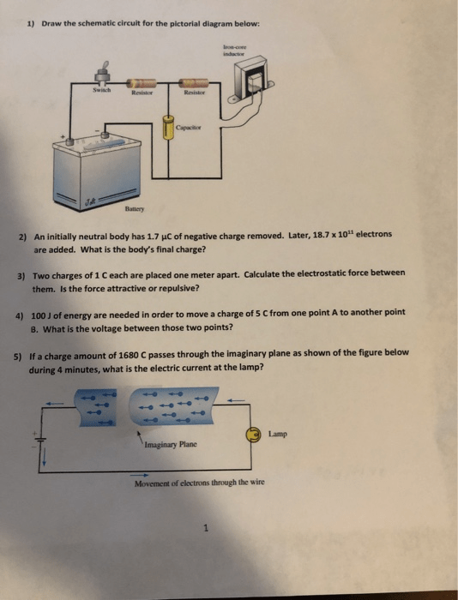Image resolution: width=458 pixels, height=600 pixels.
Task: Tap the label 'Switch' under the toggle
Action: pyautogui.click(x=102, y=90)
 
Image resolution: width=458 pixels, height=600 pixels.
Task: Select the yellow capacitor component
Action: pyautogui.click(x=167, y=128)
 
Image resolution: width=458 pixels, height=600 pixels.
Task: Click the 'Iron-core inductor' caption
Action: pyautogui.click(x=233, y=51)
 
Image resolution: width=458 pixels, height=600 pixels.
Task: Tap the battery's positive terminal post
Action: pyautogui.click(x=69, y=141)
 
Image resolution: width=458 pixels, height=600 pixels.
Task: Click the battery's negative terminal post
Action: pyautogui.click(x=105, y=135)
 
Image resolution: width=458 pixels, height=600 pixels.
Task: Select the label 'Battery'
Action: pyautogui.click(x=135, y=209)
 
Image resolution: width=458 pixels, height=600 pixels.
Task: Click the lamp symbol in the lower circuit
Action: pyautogui.click(x=254, y=435)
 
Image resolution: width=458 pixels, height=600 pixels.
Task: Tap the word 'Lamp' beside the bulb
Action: pyautogui.click(x=278, y=434)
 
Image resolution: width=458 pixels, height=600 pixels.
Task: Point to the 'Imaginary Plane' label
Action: pyautogui.click(x=172, y=445)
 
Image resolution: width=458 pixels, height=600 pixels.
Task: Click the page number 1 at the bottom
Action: pyautogui.click(x=207, y=529)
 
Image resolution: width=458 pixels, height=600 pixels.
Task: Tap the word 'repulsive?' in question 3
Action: pyautogui.click(x=180, y=288)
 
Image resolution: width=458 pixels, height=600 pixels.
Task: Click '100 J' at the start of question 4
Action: pyautogui.click(x=41, y=315)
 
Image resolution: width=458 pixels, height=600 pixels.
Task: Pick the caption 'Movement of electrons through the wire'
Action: pyautogui.click(x=200, y=483)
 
